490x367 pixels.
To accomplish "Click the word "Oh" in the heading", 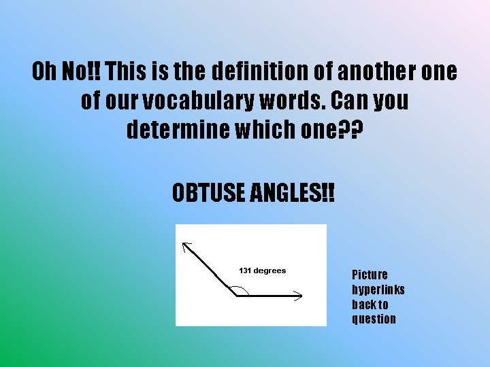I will click(47, 71).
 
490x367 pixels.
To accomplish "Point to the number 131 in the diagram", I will click(245, 270).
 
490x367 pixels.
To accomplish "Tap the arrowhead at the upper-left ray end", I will click(187, 245).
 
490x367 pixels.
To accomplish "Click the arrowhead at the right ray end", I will click(298, 294).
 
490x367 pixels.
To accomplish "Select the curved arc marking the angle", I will click(244, 289).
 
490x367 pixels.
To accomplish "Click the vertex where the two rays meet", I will click(235, 295).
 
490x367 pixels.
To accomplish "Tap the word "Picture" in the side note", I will click(370, 275).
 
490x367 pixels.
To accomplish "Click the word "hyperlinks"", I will click(378, 290).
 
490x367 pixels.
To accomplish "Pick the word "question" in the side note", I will click(374, 319).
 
